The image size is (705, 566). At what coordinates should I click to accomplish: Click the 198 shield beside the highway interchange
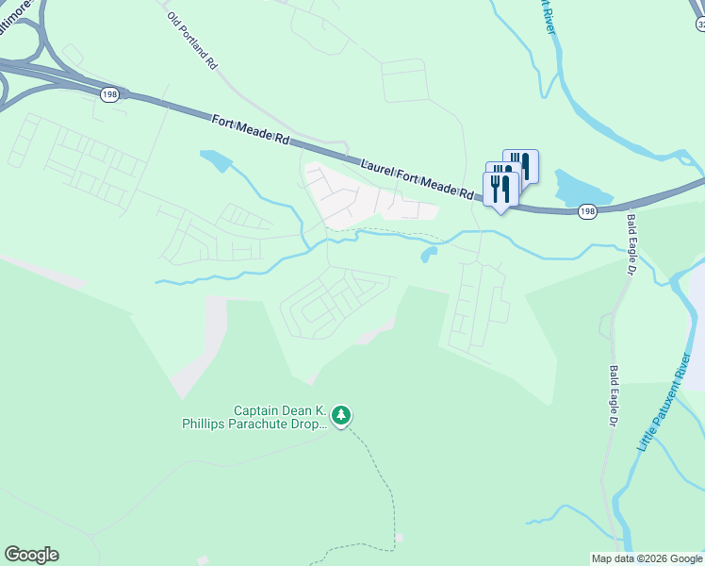point(110,94)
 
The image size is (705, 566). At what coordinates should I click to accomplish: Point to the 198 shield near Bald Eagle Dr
point(587,212)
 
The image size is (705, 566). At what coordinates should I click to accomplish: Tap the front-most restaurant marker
point(500,189)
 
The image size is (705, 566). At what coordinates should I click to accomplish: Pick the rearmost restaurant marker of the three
point(520,166)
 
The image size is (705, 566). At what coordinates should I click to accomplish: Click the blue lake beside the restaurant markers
point(575,188)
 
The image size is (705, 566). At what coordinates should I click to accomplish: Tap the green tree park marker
point(341,414)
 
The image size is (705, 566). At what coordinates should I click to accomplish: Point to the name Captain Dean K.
point(281,411)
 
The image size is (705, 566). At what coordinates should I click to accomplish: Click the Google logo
point(31,555)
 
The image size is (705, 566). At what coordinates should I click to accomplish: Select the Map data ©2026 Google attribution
point(646,558)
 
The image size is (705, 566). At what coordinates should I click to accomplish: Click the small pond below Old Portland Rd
point(215,161)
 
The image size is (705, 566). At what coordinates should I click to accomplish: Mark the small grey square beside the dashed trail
point(400,538)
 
